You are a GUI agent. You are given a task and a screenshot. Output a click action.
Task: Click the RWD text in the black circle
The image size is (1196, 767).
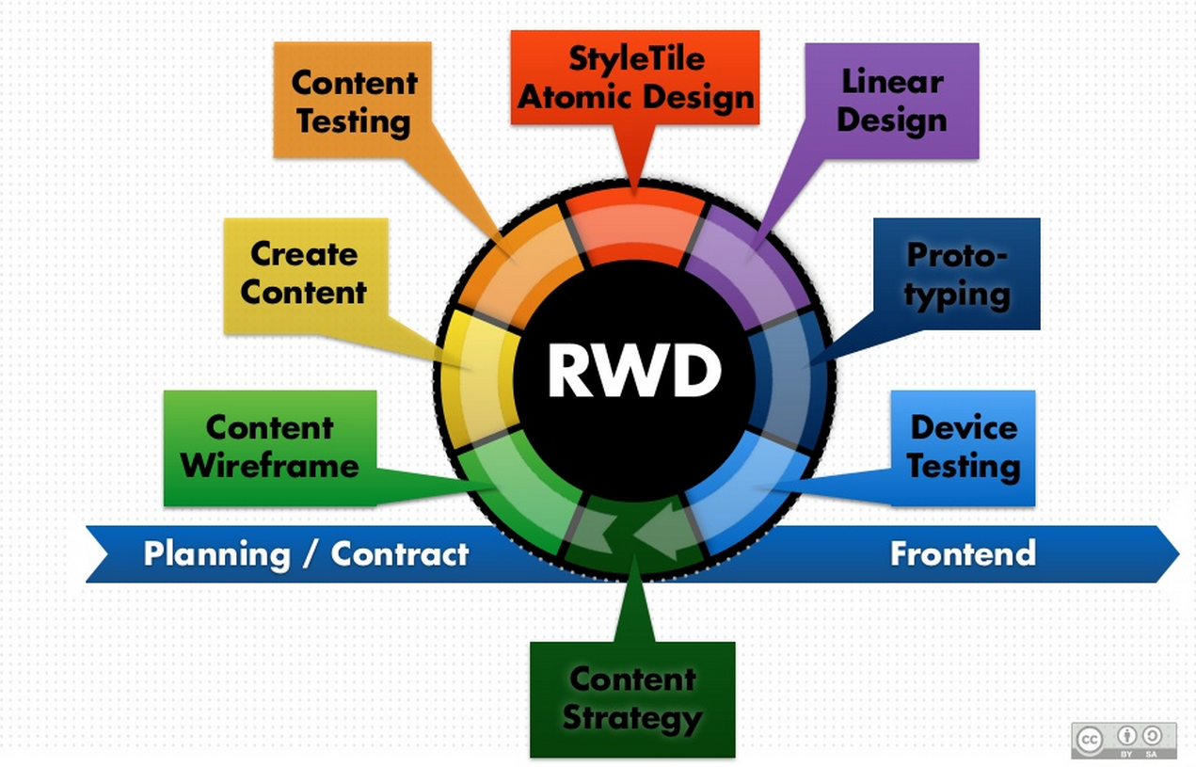[634, 371]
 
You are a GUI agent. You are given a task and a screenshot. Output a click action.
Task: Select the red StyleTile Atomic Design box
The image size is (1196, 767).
[635, 78]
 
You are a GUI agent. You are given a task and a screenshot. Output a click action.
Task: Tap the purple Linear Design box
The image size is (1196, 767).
[891, 101]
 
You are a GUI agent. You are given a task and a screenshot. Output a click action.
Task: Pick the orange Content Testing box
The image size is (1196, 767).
[352, 101]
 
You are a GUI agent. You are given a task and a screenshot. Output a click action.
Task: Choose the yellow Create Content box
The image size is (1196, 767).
[304, 274]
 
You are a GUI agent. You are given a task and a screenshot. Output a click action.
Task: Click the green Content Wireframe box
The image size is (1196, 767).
[270, 447]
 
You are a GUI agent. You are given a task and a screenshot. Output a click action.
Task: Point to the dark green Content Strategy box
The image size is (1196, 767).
[632, 699]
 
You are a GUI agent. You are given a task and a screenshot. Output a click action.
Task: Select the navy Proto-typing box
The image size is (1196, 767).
[957, 274]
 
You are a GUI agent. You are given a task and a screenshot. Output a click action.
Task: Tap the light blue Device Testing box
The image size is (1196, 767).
[963, 447]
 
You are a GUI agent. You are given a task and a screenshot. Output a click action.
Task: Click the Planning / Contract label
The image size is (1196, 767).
[306, 553]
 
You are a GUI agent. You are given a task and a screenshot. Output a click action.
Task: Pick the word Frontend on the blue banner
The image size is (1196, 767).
[963, 553]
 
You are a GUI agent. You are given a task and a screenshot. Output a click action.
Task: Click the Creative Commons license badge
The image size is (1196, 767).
[1124, 740]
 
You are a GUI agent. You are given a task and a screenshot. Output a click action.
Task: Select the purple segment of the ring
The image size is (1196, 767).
[744, 260]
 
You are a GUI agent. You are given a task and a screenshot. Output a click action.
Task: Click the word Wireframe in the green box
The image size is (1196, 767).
[270, 465]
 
